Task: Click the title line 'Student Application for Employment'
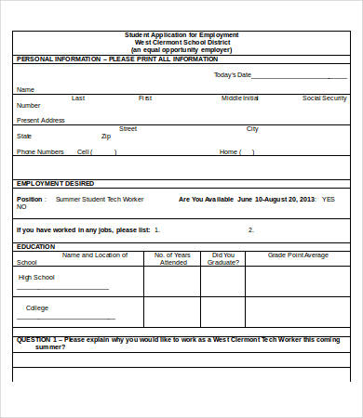[x=181, y=34]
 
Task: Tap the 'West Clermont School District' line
[x=181, y=42]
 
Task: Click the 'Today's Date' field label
[x=233, y=75]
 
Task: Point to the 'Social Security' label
[x=325, y=98]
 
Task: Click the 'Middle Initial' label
[x=240, y=98]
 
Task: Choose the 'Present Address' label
[x=41, y=120]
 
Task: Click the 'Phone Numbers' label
[x=40, y=151]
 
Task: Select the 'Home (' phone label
[x=230, y=151]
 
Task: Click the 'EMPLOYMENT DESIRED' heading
[x=56, y=184]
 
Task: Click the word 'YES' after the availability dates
[x=329, y=199]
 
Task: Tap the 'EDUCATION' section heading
[x=36, y=246]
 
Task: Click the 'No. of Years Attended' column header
[x=172, y=258]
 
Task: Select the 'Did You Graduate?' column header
[x=223, y=258]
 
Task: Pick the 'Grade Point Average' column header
[x=298, y=255]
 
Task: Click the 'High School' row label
[x=37, y=278]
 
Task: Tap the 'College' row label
[x=37, y=307]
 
